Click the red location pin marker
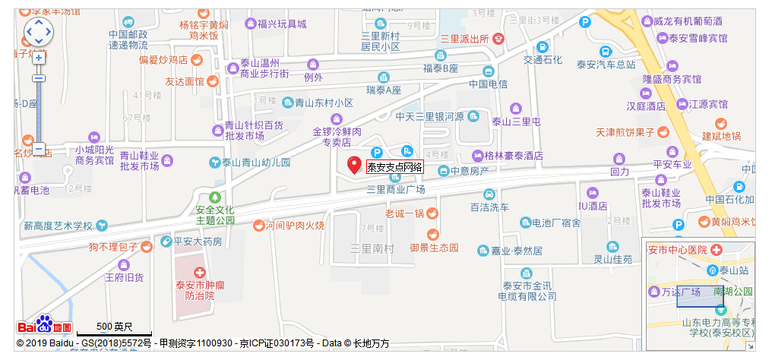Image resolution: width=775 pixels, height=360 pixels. (x=354, y=165)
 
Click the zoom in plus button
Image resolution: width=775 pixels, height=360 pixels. (x=39, y=58)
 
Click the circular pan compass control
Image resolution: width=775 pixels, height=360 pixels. (x=38, y=32)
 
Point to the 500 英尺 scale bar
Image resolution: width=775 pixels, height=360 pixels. (x=114, y=328)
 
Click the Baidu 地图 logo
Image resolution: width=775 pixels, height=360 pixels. (x=45, y=327)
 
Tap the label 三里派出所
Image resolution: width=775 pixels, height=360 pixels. (x=463, y=39)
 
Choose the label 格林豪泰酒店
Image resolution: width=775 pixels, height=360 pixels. (x=514, y=156)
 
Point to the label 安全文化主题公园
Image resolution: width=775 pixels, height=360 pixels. (x=215, y=215)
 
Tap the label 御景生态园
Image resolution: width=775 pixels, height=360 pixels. (x=434, y=248)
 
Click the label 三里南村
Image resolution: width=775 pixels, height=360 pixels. (x=372, y=248)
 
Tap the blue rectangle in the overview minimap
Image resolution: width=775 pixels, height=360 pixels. (x=700, y=296)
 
